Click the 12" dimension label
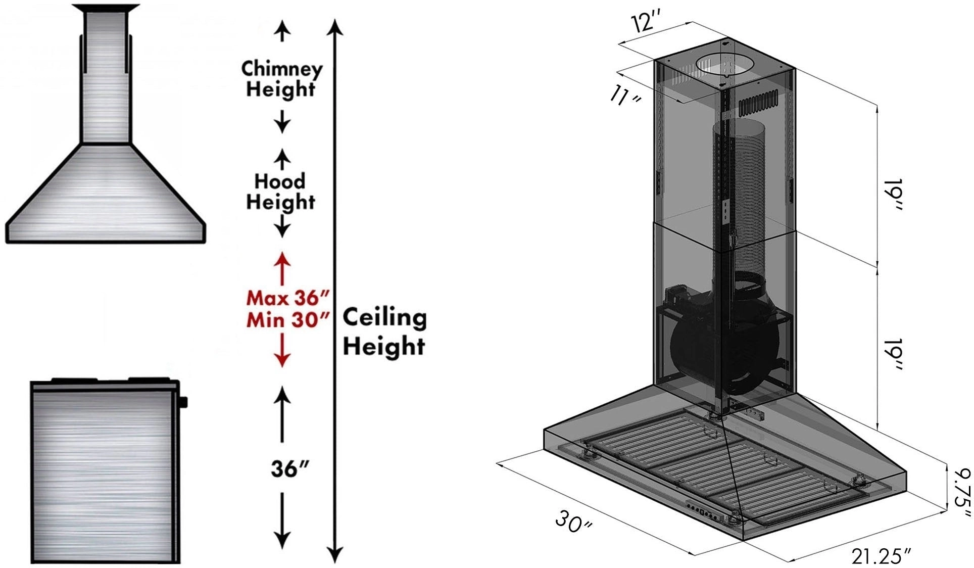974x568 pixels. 646,22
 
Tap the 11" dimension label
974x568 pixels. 625,96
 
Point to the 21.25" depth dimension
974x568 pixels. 881,556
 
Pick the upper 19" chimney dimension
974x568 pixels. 893,195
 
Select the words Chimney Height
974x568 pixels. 281,79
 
